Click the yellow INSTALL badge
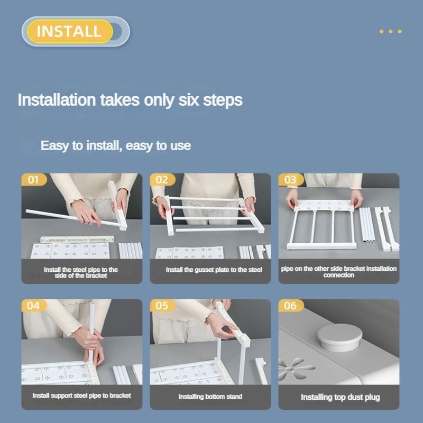point(70,31)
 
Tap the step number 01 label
point(33,180)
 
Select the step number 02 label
point(162,180)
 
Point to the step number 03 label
point(290,180)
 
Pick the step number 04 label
point(33,306)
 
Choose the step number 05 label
point(162,306)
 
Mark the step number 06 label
point(290,306)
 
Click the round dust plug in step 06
point(339,337)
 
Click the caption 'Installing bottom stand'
point(210,397)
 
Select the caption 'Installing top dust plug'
point(340,398)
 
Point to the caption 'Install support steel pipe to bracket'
point(82,396)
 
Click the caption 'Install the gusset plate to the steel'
point(214,270)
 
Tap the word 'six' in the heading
point(189,100)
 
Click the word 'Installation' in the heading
point(57,100)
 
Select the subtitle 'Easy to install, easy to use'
point(116,146)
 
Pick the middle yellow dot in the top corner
point(391,32)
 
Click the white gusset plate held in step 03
point(324,206)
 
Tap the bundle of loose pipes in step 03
point(367,224)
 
